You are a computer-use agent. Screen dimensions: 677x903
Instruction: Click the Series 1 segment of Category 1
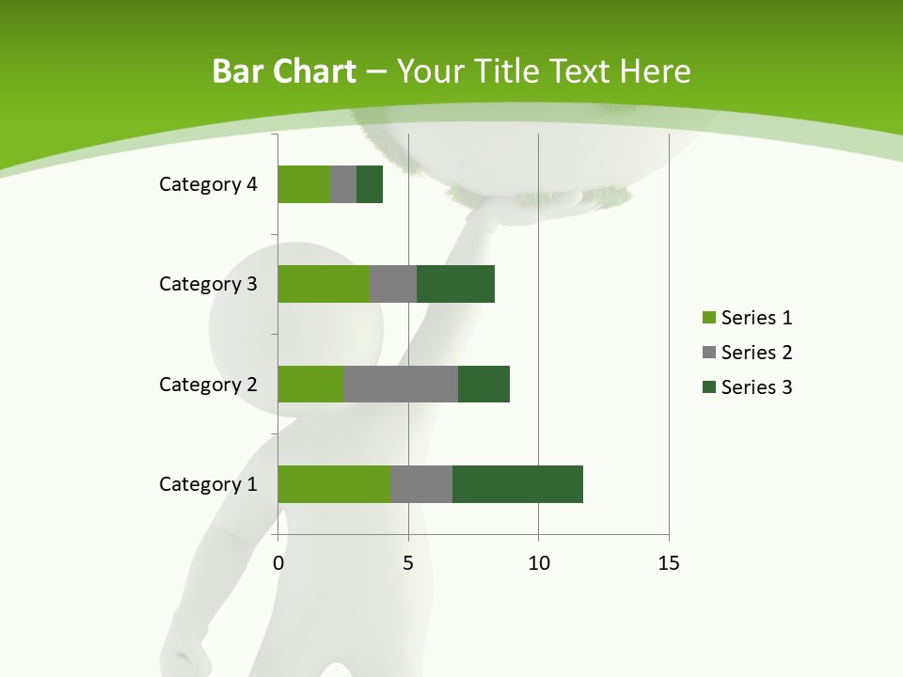(334, 484)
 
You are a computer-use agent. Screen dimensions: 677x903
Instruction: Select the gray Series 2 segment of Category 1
(421, 484)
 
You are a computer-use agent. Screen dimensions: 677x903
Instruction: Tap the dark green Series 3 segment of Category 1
(517, 484)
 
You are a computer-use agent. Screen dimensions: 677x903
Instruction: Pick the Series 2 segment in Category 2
(401, 384)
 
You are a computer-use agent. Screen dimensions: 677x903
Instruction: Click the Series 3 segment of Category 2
(483, 384)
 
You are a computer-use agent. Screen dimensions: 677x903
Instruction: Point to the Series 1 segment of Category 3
(324, 284)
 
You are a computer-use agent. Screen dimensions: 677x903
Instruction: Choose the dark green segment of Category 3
(455, 284)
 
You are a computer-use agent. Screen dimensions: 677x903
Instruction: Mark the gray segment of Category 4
(343, 184)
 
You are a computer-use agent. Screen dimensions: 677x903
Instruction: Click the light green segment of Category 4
(304, 184)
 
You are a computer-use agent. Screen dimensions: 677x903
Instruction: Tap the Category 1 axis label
(208, 484)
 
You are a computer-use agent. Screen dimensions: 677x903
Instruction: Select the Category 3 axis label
(208, 284)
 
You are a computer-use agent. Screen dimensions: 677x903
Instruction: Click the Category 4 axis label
(208, 184)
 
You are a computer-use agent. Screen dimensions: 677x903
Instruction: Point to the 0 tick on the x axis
(278, 563)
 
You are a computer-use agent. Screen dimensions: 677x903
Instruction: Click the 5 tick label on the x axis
(408, 563)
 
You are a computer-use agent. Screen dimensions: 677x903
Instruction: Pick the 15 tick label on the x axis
(668, 563)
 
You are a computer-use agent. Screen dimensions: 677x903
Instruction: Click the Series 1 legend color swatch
(708, 318)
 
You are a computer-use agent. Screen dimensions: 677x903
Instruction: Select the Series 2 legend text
(756, 353)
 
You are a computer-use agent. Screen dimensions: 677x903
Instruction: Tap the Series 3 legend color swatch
(708, 387)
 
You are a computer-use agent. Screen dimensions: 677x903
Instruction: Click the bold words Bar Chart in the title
(284, 71)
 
